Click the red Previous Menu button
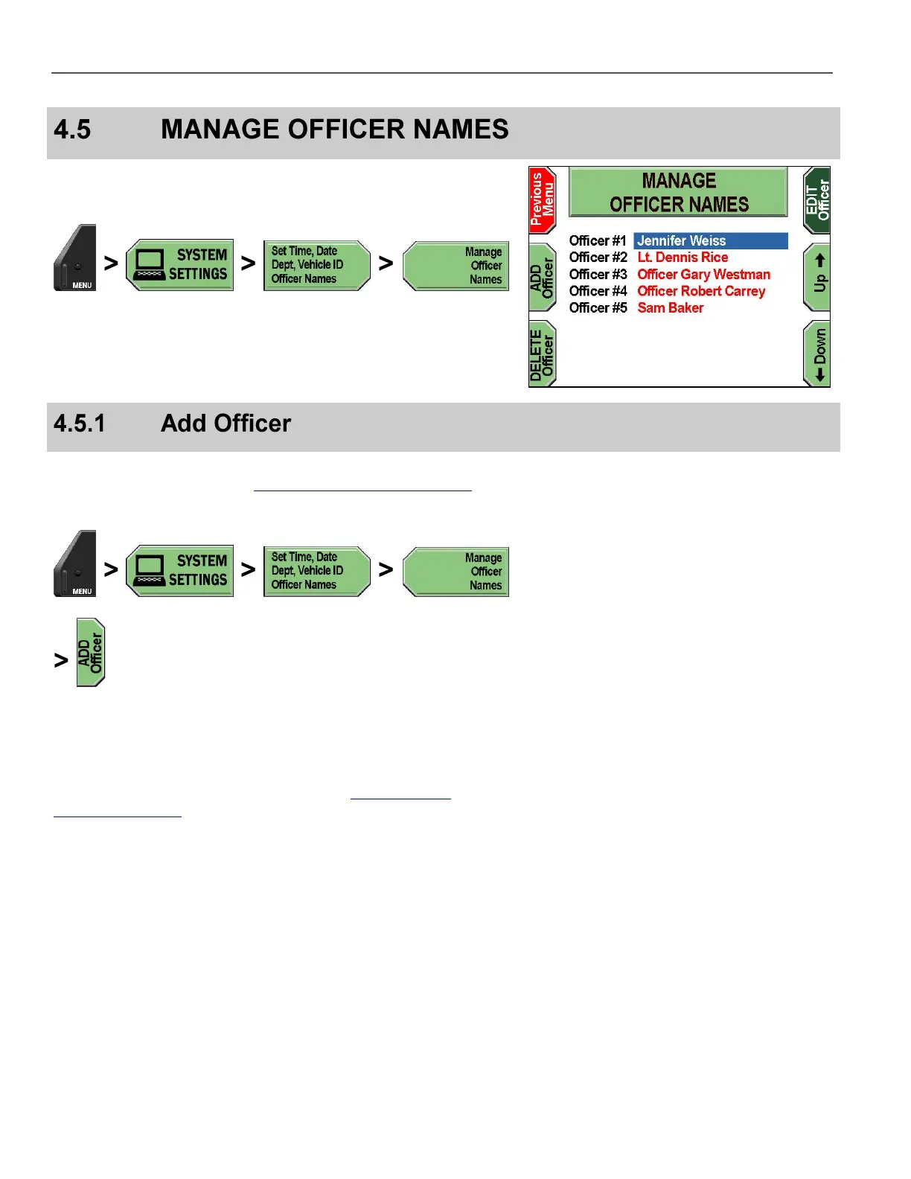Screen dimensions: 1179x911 (542, 199)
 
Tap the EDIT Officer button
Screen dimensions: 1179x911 (817, 199)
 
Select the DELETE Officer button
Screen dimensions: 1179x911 (542, 354)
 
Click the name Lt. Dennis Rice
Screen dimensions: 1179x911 (683, 258)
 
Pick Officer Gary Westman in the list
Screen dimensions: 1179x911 (703, 275)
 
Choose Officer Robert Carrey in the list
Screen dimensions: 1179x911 (700, 291)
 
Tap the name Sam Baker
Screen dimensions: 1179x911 (670, 308)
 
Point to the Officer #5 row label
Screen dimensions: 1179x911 (598, 308)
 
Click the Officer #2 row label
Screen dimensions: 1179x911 (598, 258)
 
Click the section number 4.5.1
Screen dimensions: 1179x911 (79, 424)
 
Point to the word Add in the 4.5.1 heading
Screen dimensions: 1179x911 (183, 424)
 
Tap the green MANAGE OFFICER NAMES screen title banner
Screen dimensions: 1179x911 (678, 192)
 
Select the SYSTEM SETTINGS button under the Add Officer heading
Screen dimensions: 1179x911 (180, 571)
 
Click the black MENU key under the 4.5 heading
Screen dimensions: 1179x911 (75, 258)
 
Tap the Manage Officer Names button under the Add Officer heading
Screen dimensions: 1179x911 (455, 572)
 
